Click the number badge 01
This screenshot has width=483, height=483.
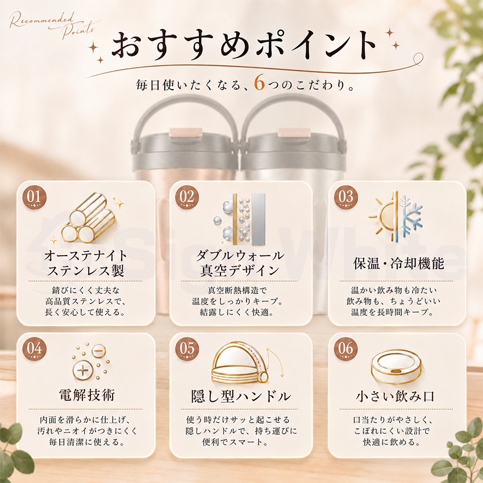(35, 197)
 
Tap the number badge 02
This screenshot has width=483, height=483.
(187, 197)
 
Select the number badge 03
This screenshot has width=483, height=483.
(346, 197)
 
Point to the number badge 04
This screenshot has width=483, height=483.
(35, 349)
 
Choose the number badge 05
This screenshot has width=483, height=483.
(187, 349)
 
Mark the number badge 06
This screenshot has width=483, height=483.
(346, 349)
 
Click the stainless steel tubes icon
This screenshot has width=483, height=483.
(89, 218)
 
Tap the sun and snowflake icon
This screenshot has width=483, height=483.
(396, 216)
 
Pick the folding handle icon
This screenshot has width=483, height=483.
(243, 363)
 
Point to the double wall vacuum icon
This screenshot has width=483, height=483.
(240, 219)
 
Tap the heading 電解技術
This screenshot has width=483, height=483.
(87, 395)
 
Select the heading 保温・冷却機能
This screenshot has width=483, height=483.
(398, 264)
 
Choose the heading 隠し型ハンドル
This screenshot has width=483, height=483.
(241, 397)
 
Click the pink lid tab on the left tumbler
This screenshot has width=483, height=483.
(185, 132)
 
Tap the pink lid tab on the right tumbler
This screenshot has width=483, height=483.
(294, 132)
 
